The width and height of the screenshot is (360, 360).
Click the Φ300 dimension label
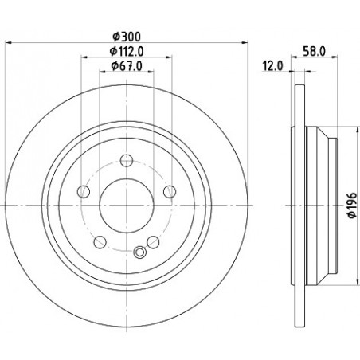(x=127, y=37)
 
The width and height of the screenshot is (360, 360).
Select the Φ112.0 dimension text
(x=127, y=52)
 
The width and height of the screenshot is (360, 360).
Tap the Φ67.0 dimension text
(x=127, y=66)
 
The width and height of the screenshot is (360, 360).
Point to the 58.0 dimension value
(x=314, y=51)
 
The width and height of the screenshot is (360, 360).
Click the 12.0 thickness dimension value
(x=272, y=66)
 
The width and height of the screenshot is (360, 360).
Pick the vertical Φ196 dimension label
(x=352, y=205)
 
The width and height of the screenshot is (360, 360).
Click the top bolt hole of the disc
(x=127, y=161)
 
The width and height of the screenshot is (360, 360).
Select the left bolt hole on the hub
(x=84, y=191)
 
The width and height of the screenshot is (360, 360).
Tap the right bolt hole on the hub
(x=170, y=191)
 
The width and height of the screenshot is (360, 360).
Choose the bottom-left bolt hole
(x=100, y=242)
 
